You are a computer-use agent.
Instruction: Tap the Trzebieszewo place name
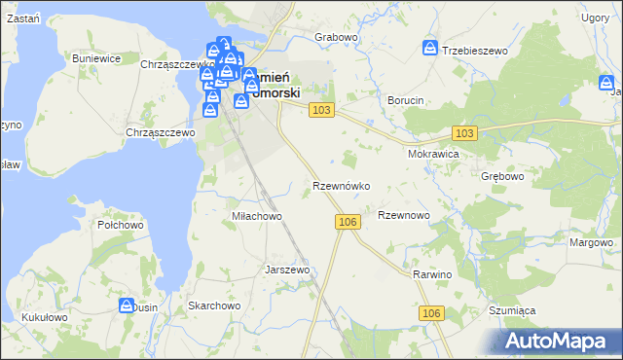point(477,50)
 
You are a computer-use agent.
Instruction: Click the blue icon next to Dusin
point(127,306)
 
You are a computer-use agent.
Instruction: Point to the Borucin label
point(405,100)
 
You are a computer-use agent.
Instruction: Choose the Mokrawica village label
point(434,154)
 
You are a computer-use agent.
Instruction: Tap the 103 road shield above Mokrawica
point(464,132)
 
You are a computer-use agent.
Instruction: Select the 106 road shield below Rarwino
point(433,312)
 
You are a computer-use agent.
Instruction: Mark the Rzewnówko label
point(340,185)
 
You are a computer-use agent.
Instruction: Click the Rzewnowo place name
point(403,215)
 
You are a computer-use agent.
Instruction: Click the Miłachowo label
point(256,216)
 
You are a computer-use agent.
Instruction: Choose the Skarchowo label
point(214,306)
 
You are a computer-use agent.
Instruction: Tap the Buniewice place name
point(96,58)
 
